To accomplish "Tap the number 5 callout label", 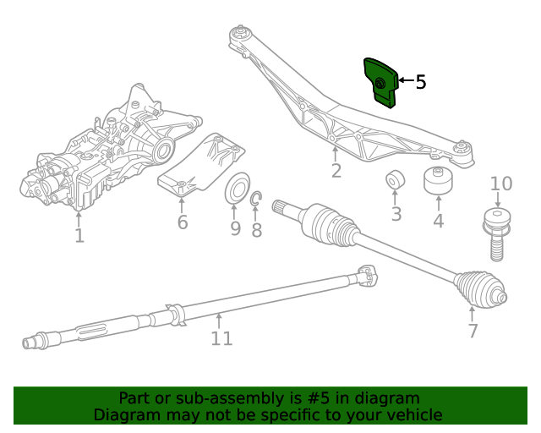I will pyautogui.click(x=421, y=82).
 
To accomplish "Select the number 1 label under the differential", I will pyautogui.click(x=79, y=235).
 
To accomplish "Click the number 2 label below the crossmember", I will pyautogui.click(x=336, y=171).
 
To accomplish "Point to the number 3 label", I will pyautogui.click(x=396, y=215).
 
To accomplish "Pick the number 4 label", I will pyautogui.click(x=438, y=222).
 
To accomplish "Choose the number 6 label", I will pyautogui.click(x=183, y=222).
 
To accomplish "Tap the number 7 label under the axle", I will pyautogui.click(x=473, y=330).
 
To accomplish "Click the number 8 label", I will pyautogui.click(x=256, y=229).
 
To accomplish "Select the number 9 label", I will pyautogui.click(x=235, y=228).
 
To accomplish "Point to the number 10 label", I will pyautogui.click(x=501, y=184).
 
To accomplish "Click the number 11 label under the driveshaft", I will pyautogui.click(x=221, y=338).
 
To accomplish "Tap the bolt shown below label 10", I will pyautogui.click(x=497, y=234).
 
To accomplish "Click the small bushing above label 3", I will pyautogui.click(x=395, y=181).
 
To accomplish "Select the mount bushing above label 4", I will pyautogui.click(x=439, y=180).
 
